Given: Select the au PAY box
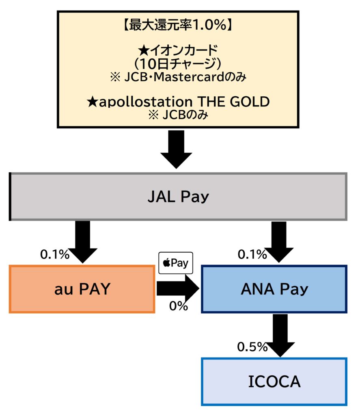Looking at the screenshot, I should pyautogui.click(x=82, y=289).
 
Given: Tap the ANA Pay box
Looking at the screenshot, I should pyautogui.click(x=274, y=289).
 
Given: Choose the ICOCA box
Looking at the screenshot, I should pyautogui.click(x=274, y=381).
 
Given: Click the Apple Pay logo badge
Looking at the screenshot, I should pyautogui.click(x=176, y=263).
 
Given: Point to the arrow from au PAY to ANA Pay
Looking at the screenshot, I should pyautogui.click(x=178, y=288).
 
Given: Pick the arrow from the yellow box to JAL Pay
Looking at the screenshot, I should pyautogui.click(x=176, y=149).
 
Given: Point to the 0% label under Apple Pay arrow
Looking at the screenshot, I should pyautogui.click(x=179, y=305).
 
